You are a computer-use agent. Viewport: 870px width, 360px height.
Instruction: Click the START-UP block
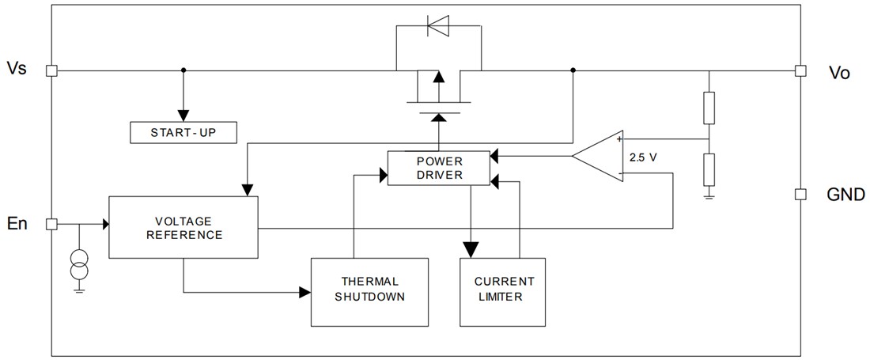183,133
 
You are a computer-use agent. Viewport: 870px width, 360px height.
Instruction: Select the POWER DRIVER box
439,168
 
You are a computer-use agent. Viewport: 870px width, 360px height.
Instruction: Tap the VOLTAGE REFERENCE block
183,228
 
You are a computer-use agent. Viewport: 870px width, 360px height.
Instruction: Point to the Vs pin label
17,68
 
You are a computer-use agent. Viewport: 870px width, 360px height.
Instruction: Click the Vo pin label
838,73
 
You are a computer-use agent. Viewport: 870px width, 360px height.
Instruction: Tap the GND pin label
845,195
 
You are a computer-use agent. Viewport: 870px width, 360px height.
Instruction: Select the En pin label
17,224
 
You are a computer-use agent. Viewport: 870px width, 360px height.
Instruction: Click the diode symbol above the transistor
437,26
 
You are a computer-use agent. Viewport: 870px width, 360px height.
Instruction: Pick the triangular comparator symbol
599,154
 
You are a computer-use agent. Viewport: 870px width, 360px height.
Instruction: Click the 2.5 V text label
642,157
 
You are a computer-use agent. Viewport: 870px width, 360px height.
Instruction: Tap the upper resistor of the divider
709,108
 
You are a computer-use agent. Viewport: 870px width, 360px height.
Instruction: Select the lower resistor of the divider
709,169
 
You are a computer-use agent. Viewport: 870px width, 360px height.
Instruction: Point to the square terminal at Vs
51,70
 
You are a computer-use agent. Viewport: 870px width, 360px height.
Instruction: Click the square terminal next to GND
800,194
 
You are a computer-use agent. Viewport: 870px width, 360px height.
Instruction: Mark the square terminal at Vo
800,70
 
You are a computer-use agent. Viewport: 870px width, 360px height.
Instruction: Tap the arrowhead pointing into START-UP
183,117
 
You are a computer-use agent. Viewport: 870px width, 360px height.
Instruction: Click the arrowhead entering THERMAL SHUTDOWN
304,292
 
